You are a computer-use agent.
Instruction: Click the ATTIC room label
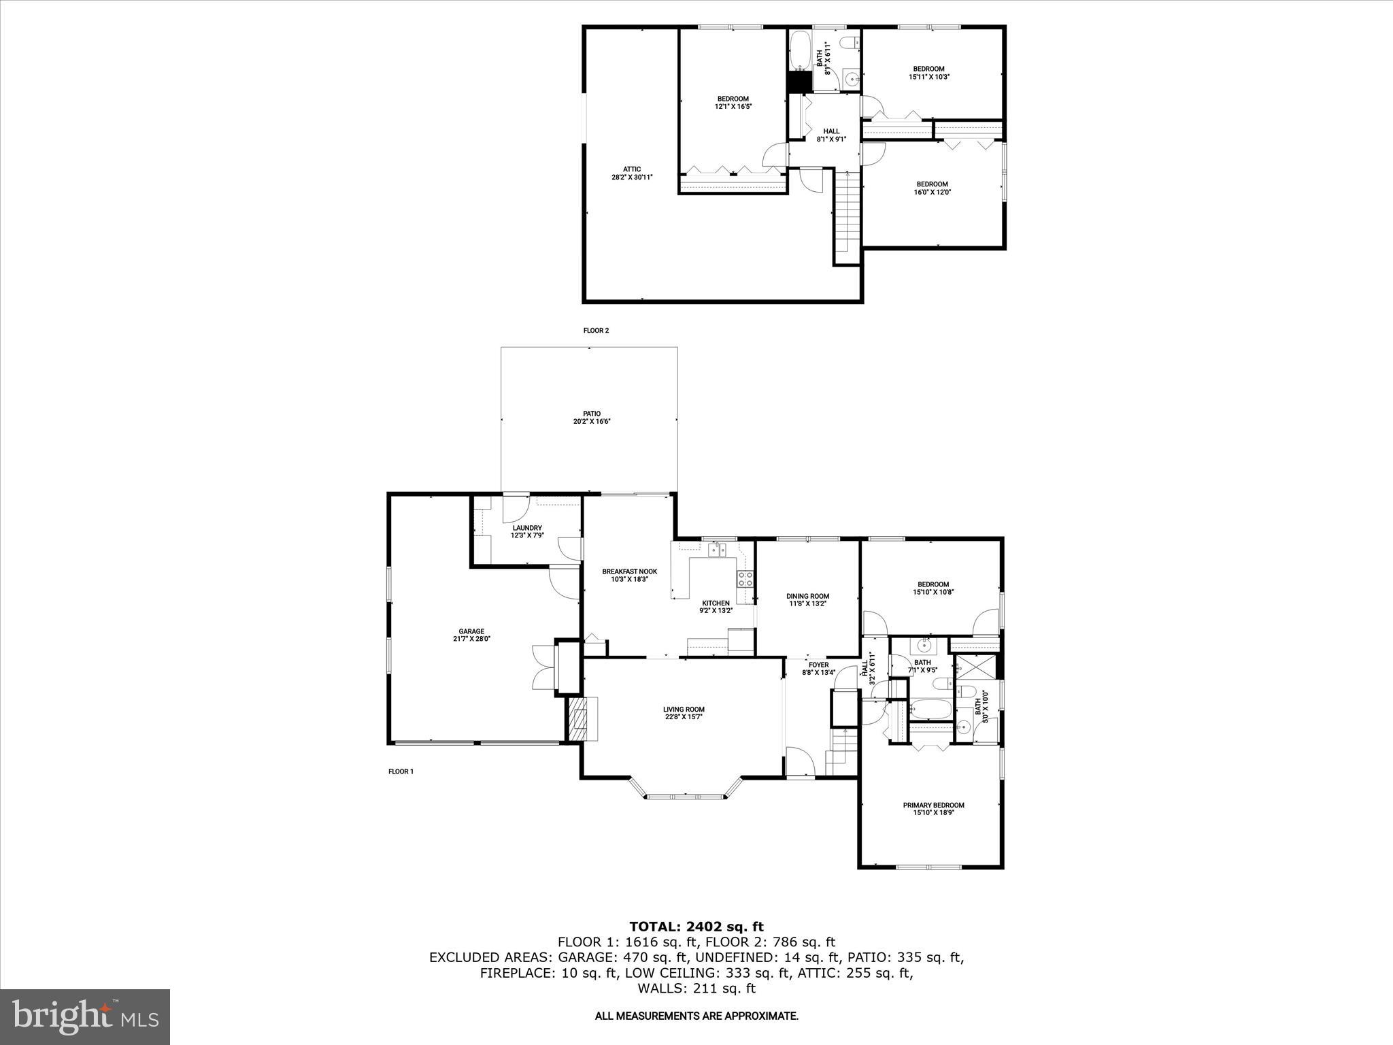631,169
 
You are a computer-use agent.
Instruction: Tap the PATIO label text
591,414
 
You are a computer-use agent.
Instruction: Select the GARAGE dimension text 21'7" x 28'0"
471,639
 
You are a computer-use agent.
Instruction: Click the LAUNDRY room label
527,528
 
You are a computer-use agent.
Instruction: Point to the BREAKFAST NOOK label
629,571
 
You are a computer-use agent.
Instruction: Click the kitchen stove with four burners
745,579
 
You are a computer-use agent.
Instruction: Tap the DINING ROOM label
807,596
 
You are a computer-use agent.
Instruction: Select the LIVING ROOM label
684,710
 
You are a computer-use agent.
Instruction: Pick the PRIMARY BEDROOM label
933,806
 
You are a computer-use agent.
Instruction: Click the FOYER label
818,665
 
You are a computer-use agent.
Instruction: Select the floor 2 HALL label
831,131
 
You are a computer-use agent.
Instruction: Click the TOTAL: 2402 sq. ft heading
696,926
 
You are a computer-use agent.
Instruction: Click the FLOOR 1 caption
401,772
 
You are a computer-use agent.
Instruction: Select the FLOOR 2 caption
596,331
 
